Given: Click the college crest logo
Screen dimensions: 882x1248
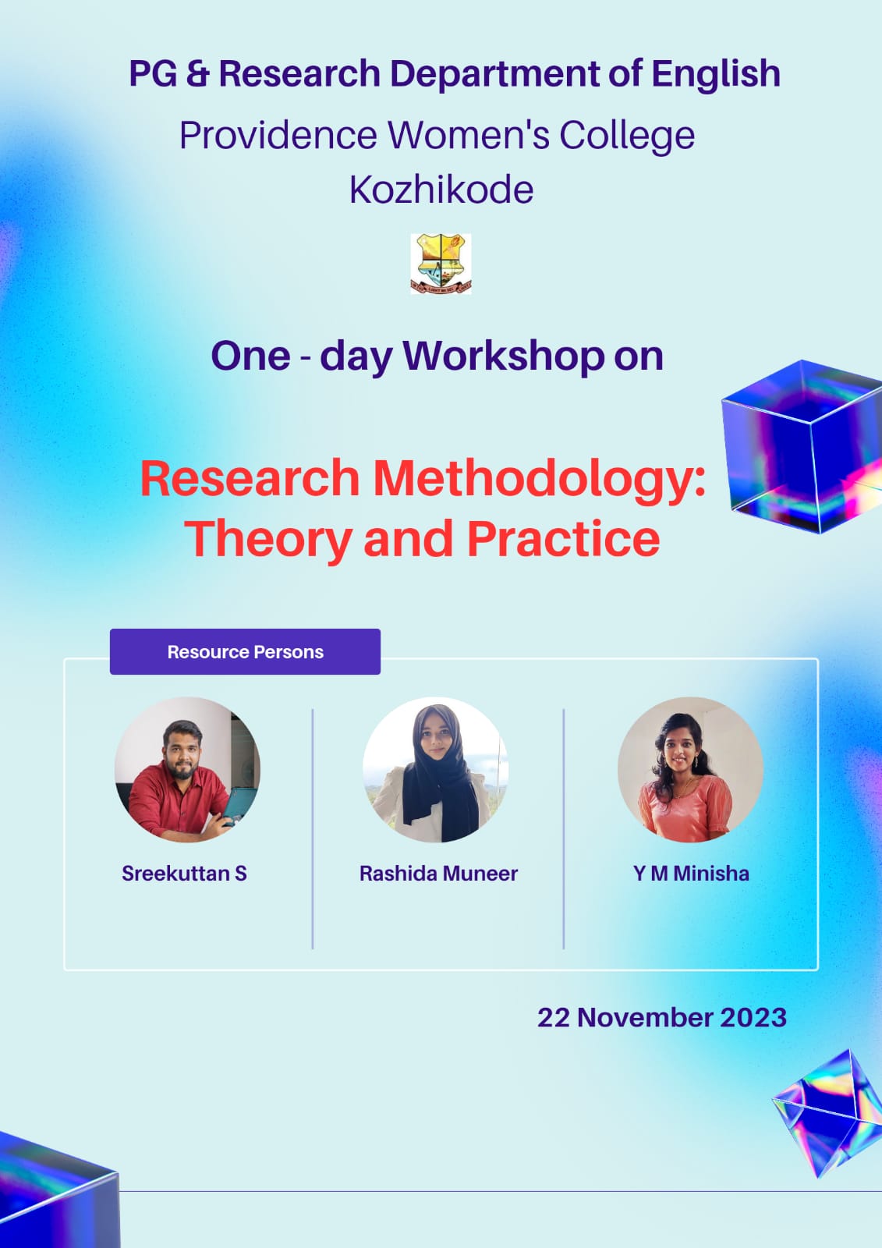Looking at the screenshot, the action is [x=441, y=264].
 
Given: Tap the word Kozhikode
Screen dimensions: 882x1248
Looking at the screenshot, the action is [x=441, y=190].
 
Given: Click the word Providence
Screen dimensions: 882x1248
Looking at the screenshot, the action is [x=278, y=135].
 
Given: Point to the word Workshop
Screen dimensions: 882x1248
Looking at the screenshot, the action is [x=504, y=356].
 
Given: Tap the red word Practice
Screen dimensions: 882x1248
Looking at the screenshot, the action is [x=563, y=539].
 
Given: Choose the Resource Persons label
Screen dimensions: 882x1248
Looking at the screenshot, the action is [x=245, y=652].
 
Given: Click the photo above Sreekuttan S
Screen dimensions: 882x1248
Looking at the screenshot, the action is [x=187, y=769].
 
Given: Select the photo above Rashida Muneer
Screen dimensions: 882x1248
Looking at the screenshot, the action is [x=436, y=769].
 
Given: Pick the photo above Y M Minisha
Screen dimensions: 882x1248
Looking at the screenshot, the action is [x=690, y=769].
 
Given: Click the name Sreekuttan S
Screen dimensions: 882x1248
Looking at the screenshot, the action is [x=184, y=874].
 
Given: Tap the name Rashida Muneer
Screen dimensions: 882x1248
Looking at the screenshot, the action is [x=438, y=874].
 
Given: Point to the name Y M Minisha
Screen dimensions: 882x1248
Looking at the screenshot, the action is [x=691, y=874].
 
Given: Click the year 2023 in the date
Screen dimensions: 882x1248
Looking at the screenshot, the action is [x=753, y=1017].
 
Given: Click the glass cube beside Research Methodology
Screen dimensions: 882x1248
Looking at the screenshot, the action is [x=802, y=446].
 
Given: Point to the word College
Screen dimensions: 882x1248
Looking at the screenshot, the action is [x=627, y=136].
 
